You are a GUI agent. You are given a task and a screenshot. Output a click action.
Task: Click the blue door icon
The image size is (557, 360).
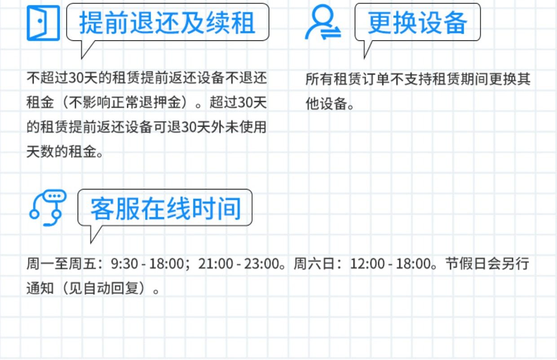pyautogui.click(x=43, y=23)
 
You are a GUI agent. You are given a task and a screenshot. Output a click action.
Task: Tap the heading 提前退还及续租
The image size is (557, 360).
pyautogui.click(x=167, y=23)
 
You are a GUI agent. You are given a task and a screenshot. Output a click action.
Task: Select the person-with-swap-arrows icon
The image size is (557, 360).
pyautogui.click(x=323, y=22)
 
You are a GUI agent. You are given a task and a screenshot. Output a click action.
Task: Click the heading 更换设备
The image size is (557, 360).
pyautogui.click(x=417, y=23)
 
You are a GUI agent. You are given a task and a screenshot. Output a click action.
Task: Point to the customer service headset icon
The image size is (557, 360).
pyautogui.click(x=48, y=208)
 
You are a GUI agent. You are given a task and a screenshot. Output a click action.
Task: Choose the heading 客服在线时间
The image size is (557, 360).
pyautogui.click(x=166, y=208)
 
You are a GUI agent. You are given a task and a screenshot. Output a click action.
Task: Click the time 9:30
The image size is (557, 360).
pyautogui.click(x=124, y=263)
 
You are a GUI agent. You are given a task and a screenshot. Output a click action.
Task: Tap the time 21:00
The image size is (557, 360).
pyautogui.click(x=216, y=263)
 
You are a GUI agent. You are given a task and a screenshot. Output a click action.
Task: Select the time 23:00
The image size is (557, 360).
pyautogui.click(x=261, y=263)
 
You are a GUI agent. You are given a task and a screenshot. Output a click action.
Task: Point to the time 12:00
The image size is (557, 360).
pyautogui.click(x=367, y=263)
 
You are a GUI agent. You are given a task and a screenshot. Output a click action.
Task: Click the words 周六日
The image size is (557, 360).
pyautogui.click(x=314, y=263)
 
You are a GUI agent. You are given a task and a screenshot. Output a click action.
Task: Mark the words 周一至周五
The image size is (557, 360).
pyautogui.click(x=61, y=263)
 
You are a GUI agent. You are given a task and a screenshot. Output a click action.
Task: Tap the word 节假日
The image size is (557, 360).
pyautogui.click(x=466, y=263)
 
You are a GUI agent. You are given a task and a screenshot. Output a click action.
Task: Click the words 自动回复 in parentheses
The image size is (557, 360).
pyautogui.click(x=111, y=288)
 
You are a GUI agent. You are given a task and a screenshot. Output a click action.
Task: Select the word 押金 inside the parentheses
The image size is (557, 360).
pyautogui.click(x=167, y=102)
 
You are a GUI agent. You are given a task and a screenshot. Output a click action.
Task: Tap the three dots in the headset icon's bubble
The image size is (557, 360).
pyautogui.click(x=54, y=196)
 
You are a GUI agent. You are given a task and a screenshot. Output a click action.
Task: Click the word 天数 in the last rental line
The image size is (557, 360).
pyautogui.click(x=40, y=152)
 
